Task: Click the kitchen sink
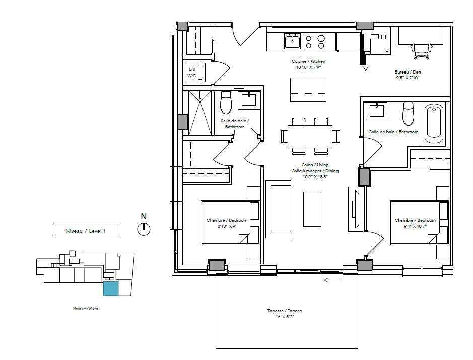click(292, 41)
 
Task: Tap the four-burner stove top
click(315, 42)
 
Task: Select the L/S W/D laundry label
click(192, 73)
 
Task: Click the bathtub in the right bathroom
click(434, 124)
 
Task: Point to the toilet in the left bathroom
click(226, 102)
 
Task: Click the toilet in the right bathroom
click(408, 114)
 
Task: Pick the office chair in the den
click(422, 51)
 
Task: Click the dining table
click(310, 136)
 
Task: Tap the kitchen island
click(308, 90)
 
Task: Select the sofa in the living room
click(278, 209)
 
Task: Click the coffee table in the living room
click(312, 209)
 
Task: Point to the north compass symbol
click(144, 229)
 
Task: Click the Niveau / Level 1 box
click(85, 231)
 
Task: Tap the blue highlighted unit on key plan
click(110, 289)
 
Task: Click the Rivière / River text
click(86, 309)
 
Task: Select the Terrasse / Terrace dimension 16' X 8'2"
click(285, 317)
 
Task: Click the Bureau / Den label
click(408, 72)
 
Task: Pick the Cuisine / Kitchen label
click(308, 61)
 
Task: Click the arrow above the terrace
click(331, 280)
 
